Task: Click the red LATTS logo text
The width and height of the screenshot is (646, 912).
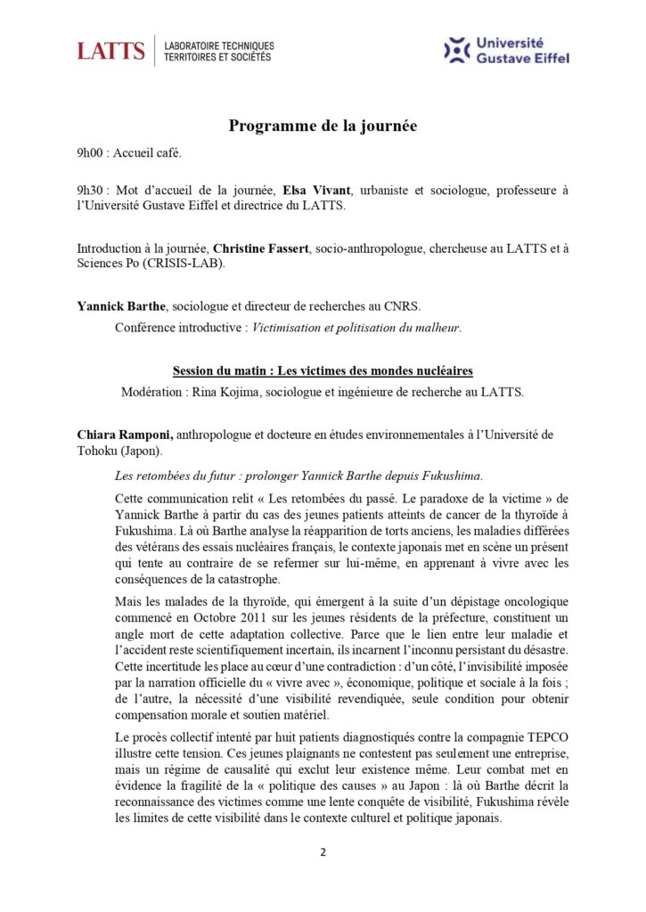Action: coord(110,51)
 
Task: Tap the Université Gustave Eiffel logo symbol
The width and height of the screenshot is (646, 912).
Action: coord(457,50)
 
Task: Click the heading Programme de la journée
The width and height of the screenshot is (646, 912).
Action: coord(323,126)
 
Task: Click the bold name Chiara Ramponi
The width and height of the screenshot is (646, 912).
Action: coord(125,435)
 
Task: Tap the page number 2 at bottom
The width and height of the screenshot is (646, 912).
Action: coord(323,852)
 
